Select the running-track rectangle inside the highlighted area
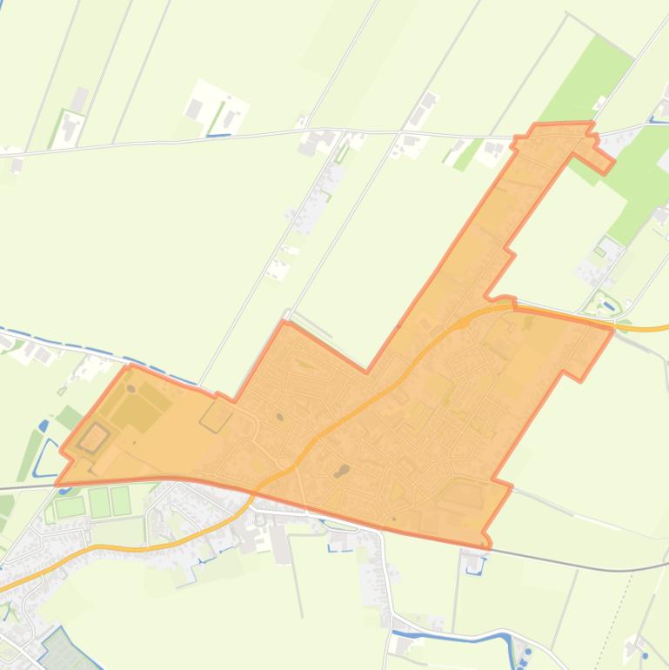pos(93,438)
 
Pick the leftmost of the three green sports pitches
pos(69,506)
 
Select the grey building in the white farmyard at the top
pos(194,109)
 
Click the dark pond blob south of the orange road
pos(342,471)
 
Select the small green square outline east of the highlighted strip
pos(599,251)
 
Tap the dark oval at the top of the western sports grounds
pos(130,388)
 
